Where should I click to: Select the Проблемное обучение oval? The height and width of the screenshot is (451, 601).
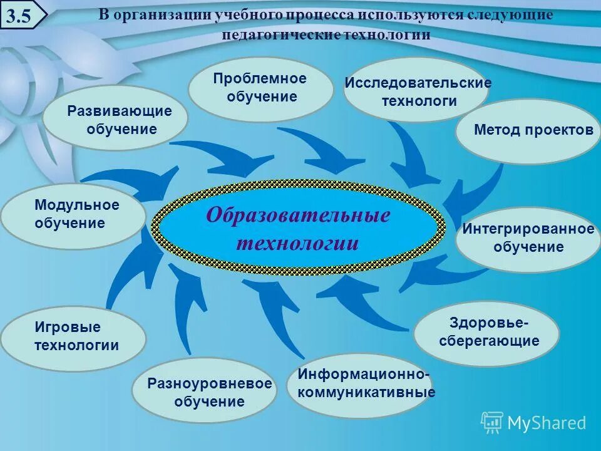[x=261, y=88]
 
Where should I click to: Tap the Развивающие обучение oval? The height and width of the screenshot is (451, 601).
[x=115, y=119]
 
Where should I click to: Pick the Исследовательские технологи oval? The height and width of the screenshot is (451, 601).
[x=416, y=91]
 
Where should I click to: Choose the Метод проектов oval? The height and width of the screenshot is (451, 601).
[x=527, y=131]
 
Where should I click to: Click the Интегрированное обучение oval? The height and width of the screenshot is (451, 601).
[x=528, y=239]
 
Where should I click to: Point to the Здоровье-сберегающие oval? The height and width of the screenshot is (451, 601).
[x=486, y=333]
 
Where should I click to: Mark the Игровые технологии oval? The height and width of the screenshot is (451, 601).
[x=73, y=337]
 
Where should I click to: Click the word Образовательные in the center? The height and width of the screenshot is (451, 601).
[x=298, y=216]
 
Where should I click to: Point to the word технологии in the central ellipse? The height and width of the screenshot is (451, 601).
[x=298, y=243]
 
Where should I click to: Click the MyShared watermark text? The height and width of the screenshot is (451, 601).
[x=546, y=423]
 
